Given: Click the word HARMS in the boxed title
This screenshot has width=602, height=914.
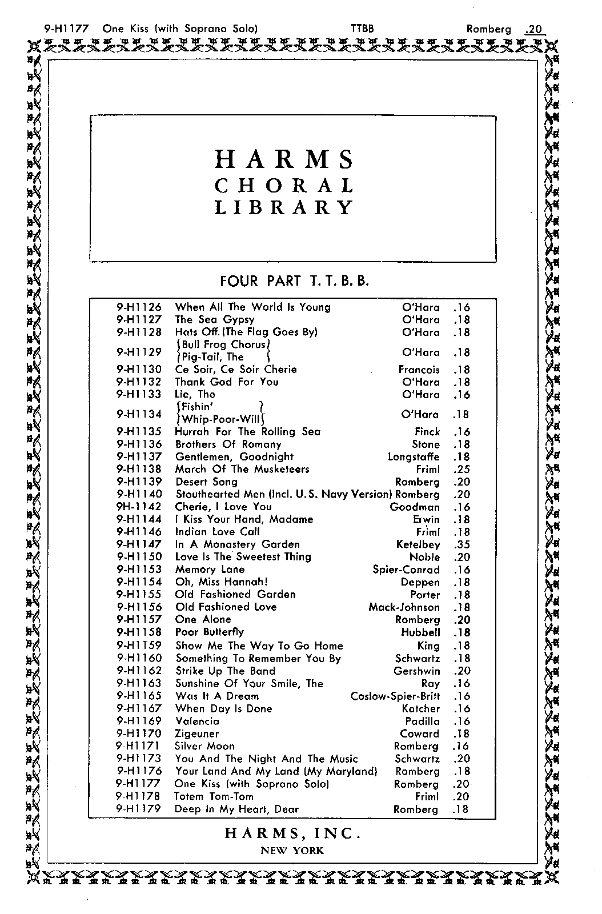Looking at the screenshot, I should pos(284,159).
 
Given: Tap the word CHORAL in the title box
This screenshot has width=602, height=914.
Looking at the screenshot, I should pos(284,186).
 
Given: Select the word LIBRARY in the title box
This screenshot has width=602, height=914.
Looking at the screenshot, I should pos(284,207).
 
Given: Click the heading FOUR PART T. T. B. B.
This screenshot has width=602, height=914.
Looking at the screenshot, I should pos(294,281).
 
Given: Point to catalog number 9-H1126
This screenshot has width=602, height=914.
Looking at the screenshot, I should pos(139,307).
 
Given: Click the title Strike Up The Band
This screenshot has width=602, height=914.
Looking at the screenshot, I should pos(225,671).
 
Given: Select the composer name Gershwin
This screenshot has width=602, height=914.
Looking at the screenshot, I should pos(417,671).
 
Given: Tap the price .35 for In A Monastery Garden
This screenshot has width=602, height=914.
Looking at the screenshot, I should pos(461,545).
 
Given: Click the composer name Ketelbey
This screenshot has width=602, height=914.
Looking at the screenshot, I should pos(418,545).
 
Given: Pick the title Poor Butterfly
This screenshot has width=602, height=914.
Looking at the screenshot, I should pos(210,632).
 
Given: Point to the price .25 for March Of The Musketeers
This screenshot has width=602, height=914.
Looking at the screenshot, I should pos(461,470).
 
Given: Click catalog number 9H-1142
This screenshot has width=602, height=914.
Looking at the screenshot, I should pos(139,507).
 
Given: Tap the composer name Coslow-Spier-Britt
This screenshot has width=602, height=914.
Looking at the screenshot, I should pos(395,696).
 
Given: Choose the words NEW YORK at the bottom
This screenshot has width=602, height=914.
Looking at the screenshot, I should pos(292,851).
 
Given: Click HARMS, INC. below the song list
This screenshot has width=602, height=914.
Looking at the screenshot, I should pos(292,833).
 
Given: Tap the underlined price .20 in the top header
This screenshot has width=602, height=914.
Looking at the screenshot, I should pos(533,29).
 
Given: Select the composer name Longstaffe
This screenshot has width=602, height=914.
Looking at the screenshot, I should pos(414,457).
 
